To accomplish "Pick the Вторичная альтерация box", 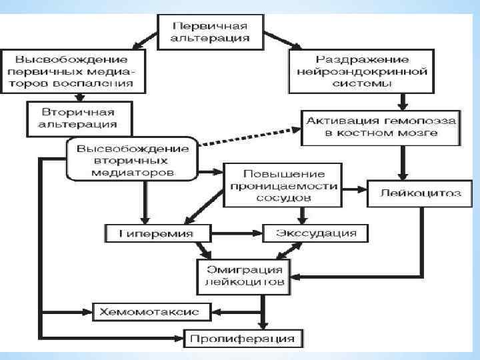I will [79, 117].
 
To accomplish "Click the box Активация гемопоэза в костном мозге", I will [381, 127].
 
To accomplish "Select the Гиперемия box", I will [158, 233].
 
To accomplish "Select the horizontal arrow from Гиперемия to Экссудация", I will [237, 233].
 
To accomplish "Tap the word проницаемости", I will [283, 185].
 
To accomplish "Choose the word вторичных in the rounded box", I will [132, 160].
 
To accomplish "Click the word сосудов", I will [283, 198].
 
